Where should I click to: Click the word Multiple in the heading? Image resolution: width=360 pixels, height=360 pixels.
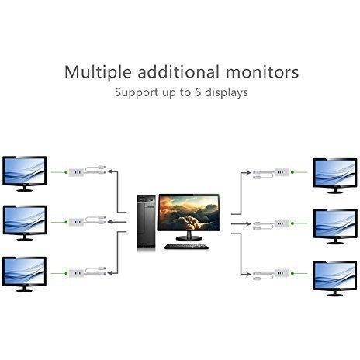pos(98,72)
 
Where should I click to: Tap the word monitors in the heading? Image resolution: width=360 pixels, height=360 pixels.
pos(262,72)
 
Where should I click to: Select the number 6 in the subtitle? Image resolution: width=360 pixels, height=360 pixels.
pos(198,92)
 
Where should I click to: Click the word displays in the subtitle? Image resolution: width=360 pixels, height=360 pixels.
pos(227,92)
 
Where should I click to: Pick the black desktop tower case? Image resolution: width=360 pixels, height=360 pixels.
pos(146,223)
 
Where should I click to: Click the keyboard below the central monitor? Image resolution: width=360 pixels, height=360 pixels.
pos(186,247)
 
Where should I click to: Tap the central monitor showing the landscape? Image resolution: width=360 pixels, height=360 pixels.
pos(189,216)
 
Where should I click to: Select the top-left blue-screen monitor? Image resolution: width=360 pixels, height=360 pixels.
pos(25,174)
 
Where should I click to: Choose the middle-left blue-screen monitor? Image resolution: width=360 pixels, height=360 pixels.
pos(25,223)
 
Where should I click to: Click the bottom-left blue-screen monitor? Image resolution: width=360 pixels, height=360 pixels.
pos(25,274)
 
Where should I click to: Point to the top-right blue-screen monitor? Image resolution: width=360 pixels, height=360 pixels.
pos(335,175)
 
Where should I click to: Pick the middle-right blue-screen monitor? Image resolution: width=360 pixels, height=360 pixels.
pos(335,227)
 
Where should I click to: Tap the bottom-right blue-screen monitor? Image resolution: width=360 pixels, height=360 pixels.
pos(335,279)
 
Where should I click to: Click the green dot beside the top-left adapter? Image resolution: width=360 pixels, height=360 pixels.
pos(66,172)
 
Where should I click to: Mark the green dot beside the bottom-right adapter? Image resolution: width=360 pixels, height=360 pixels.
pos(292,273)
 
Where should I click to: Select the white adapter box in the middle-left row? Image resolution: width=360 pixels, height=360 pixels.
pos(76,222)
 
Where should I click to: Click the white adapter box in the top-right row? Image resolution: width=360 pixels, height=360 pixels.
pos(282,172)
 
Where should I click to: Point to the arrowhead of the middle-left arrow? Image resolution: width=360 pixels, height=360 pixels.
pos(110,222)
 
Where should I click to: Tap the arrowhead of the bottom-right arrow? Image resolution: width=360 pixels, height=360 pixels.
pos(249,274)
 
